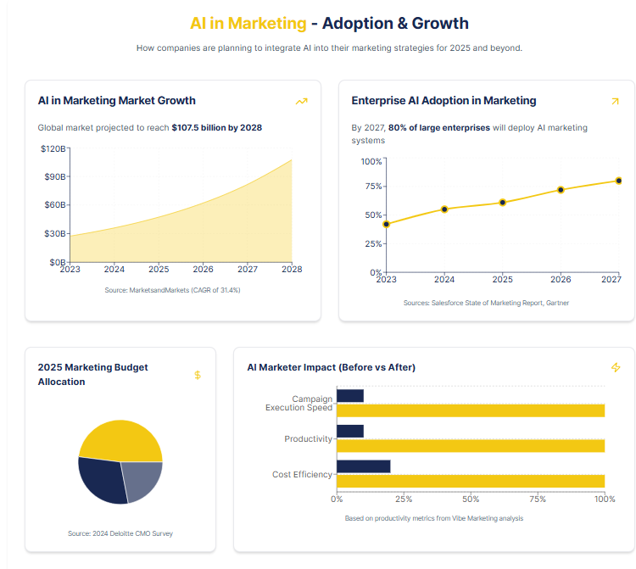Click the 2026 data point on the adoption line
pos(561,190)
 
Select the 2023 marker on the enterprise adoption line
pos(386,225)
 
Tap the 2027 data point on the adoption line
pos(619,181)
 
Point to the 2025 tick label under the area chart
pos(159,270)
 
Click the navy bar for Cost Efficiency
pos(364,466)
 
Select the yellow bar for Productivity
pos(471,445)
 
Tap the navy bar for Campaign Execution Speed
pos(350,396)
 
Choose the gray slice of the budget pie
pos(142,479)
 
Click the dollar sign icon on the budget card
pos(198,375)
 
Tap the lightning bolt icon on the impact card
pos(616,367)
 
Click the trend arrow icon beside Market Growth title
pos(301,101)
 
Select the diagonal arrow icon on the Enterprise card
pos(615,101)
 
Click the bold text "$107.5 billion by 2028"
pos(216,128)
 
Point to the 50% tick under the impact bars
pos(471,499)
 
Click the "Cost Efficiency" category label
pos(302,474)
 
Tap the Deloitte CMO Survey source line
pos(120,533)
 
